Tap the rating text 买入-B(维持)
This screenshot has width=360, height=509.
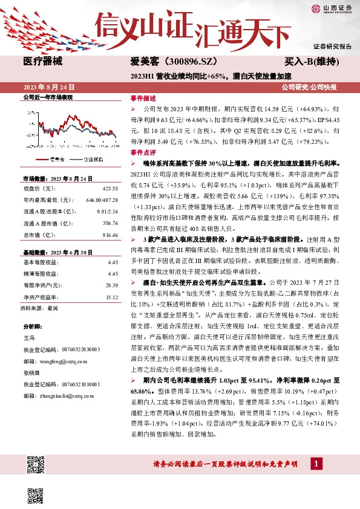[312, 62]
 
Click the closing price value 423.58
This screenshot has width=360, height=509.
[110, 188]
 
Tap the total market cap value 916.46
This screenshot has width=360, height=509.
[110, 235]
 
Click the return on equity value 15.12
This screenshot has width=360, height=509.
[111, 297]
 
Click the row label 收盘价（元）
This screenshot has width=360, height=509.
[39, 188]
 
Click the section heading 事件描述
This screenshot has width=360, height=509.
[143, 98]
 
